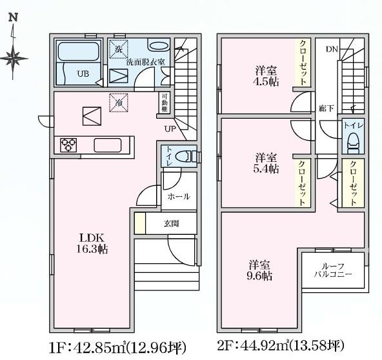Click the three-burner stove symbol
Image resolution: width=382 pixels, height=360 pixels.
coord(69,145)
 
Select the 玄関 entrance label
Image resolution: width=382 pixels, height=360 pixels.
coord(171,224)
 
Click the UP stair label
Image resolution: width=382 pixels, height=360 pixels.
coord(170,128)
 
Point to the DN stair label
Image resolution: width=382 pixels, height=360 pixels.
coord(331,49)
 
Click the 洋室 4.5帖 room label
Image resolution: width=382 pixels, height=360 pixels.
coord(266,75)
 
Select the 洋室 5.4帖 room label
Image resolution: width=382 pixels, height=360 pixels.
coord(265,163)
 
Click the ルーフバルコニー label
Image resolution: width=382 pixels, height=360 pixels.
coord(333,270)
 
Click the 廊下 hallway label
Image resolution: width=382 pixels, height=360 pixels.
coord(326,108)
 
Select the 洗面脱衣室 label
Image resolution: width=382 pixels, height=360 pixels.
coord(146,63)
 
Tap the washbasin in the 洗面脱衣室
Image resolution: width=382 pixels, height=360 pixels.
coord(157,46)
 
